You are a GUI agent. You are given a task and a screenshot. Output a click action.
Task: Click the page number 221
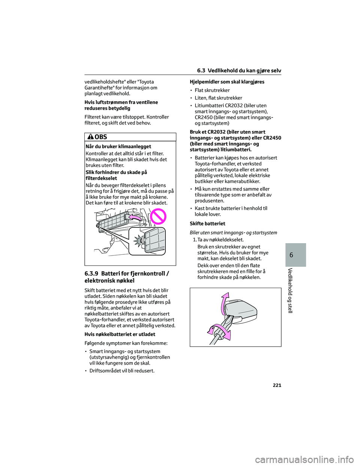tap(277, 385)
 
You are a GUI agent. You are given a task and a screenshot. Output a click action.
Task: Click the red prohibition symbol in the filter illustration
tap(158, 217)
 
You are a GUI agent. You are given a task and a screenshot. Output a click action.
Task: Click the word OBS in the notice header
tap(101, 137)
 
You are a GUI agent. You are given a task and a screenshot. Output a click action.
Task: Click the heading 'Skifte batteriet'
tap(207, 224)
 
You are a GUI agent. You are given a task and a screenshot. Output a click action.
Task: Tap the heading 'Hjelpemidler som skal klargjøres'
tap(227, 82)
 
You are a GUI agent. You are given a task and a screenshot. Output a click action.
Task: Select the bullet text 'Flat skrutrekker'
tap(212, 90)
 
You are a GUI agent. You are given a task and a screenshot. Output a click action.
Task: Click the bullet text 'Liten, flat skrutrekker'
tap(218, 98)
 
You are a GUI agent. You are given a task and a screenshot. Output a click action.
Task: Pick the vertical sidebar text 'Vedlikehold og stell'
tap(290, 290)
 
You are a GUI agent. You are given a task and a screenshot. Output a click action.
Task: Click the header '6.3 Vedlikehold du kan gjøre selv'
tap(239, 71)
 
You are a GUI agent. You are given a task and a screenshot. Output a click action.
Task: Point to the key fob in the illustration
tap(242, 309)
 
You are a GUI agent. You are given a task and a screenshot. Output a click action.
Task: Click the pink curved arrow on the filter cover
tap(135, 218)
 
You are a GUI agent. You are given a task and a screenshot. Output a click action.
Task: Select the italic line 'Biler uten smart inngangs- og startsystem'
tap(233, 233)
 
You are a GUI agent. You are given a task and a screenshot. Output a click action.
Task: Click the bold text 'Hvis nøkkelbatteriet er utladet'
tap(120, 334)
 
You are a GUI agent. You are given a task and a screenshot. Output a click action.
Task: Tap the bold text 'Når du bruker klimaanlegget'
tap(118, 147)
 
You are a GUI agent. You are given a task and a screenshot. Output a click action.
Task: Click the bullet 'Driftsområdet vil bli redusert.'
tap(122, 371)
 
